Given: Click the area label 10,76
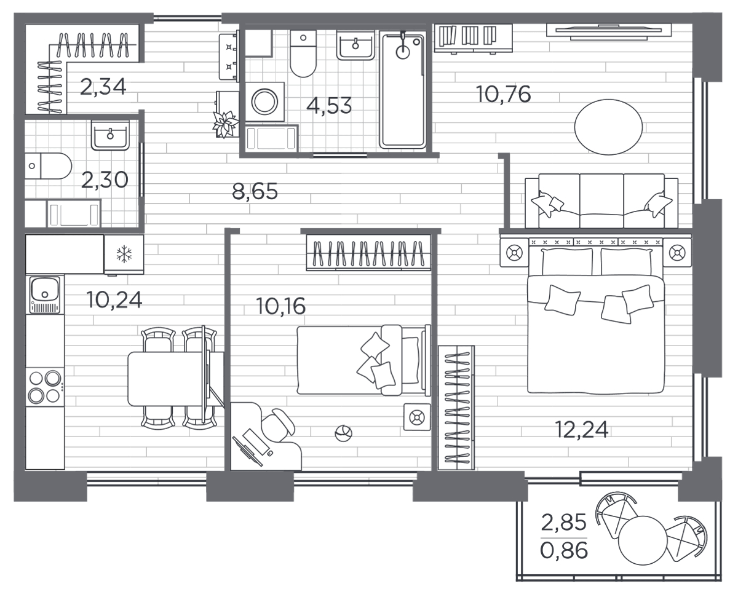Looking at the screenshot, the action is point(504,95).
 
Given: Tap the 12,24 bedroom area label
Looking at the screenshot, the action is point(582,430).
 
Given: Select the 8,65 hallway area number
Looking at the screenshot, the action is point(255,191).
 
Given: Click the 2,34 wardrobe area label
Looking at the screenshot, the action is point(103,87).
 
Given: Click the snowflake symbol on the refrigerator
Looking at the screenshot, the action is point(124,254).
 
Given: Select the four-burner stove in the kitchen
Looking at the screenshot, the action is point(44,387).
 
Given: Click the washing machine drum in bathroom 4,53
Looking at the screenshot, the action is point(264,101).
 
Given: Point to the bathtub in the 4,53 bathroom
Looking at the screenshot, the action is point(403,90).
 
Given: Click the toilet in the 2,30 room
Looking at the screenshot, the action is point(48,166).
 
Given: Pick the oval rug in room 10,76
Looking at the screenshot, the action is point(608,127).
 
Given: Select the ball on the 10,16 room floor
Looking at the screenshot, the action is point(343,433).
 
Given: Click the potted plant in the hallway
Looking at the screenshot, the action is point(224,124).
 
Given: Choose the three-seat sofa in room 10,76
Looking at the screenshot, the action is point(601,200).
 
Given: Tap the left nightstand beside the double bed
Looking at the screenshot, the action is point(514,253).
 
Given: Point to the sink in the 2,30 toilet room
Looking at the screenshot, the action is point(110,135).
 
